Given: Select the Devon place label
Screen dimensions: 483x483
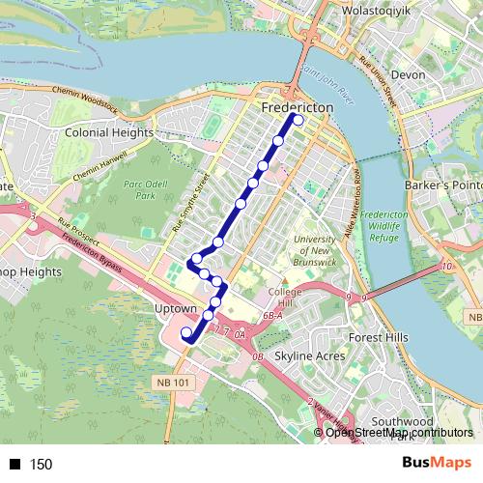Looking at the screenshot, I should coord(409,74).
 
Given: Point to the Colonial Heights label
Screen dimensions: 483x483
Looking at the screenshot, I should coord(107,130).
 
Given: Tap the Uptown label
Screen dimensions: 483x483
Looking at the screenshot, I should coord(175,309).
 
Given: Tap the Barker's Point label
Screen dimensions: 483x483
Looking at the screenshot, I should coord(452,185).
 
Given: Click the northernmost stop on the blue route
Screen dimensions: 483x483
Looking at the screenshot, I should coord(298,120).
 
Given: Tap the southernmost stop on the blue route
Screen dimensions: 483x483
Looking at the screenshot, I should coord(186,333).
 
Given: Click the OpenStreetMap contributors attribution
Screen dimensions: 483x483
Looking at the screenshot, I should coord(397,433).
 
